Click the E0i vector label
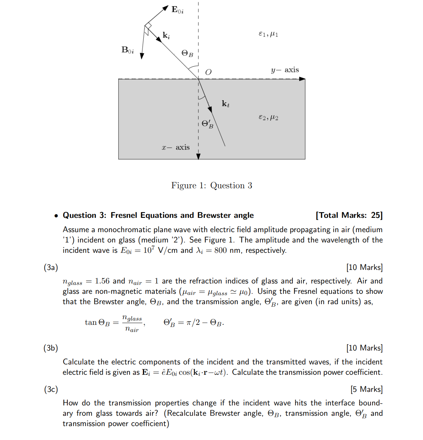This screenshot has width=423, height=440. (177, 10)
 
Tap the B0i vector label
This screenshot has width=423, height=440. (128, 50)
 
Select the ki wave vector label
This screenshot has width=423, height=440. (166, 35)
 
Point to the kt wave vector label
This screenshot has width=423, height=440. (225, 104)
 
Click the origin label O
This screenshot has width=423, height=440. (208, 72)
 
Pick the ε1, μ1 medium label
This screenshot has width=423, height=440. (268, 34)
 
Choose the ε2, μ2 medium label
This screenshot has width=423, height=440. (268, 117)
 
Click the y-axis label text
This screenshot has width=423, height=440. (285, 70)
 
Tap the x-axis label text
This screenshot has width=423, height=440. (175, 147)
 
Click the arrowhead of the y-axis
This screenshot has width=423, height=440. (302, 79)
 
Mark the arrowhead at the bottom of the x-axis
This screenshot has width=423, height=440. (198, 156)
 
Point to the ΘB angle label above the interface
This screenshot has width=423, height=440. (187, 53)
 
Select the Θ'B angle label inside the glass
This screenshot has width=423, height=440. (207, 124)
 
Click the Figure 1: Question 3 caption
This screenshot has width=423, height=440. (211, 185)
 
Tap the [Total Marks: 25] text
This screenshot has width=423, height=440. (349, 215)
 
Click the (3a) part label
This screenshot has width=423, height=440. (51, 267)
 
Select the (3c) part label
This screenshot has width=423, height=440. (51, 389)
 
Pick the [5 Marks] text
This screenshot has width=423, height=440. (366, 389)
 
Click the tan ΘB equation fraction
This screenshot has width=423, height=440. (132, 323)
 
